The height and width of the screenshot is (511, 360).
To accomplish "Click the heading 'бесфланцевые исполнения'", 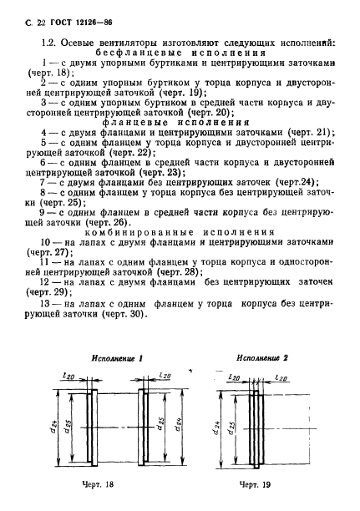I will pyautogui.click(x=179, y=53).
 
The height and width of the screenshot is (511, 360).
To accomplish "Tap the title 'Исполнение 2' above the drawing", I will pyautogui.click(x=261, y=357).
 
